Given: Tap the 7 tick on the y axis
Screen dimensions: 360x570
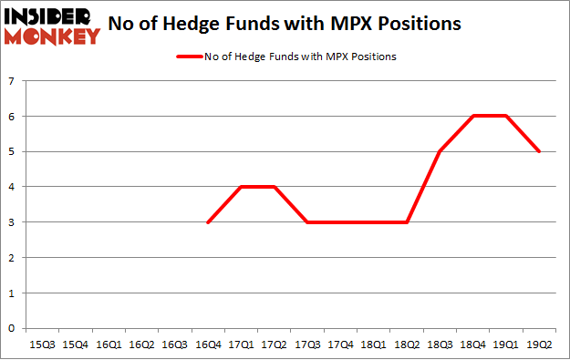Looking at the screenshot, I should point(13,82).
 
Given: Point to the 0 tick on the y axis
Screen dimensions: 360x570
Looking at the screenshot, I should point(13,328).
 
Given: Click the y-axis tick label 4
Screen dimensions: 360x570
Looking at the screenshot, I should point(13,187).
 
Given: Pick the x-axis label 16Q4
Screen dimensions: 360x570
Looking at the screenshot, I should point(209,345).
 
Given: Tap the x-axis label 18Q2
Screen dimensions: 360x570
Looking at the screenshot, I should point(407,345).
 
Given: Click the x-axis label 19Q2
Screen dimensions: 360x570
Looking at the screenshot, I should point(539,345).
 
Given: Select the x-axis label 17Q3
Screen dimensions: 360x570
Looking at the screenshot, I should point(308,345).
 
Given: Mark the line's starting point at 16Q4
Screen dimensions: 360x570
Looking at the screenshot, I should point(209,222).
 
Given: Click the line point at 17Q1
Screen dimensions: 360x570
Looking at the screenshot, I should point(242,187).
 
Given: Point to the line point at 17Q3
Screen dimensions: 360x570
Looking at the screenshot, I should point(308,222).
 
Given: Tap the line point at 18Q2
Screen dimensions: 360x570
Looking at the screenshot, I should point(407,222).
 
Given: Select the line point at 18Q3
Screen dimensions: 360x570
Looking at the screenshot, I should point(440,152).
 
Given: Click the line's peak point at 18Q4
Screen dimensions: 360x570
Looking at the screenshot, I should point(473,117).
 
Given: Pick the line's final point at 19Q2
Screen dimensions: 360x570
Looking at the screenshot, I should point(539,152).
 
